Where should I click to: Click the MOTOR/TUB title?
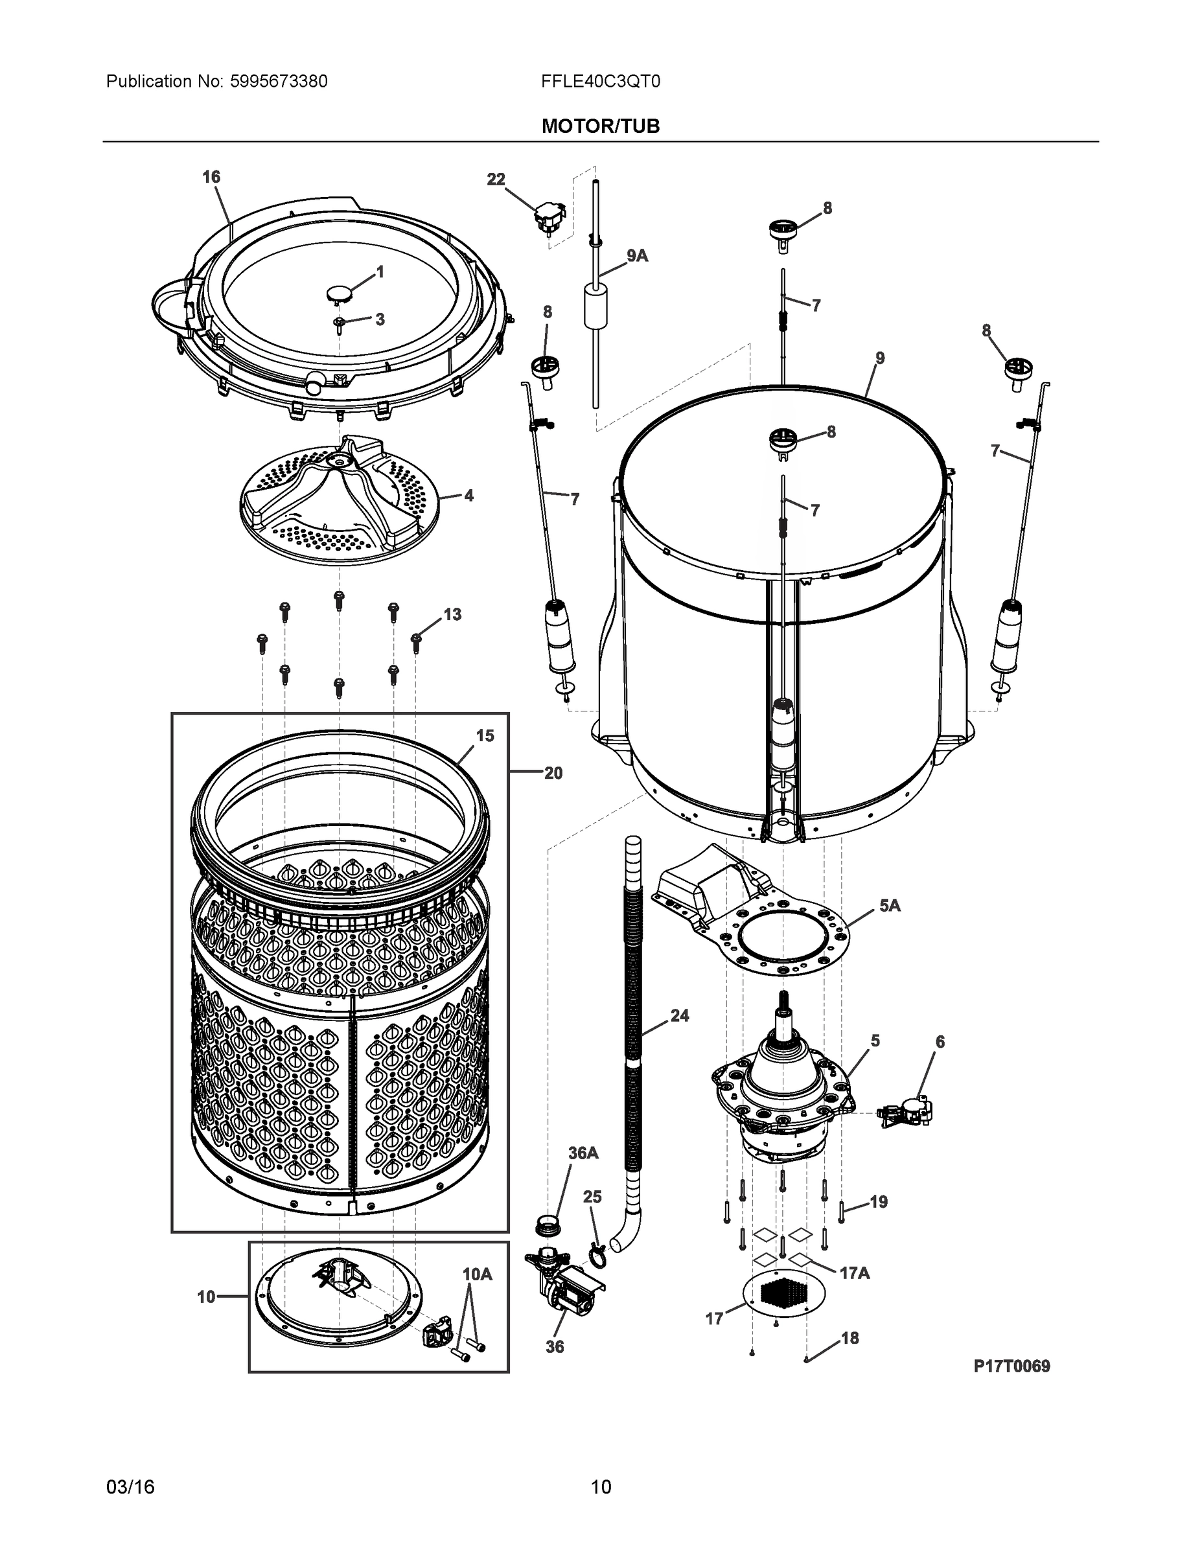pos(600,126)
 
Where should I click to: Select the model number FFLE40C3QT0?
pos(600,81)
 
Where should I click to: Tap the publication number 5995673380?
pos(279,81)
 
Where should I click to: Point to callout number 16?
pos(211,177)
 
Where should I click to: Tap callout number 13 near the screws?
pos(452,614)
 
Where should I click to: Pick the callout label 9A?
pos(638,256)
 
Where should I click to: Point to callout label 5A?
pos(890,906)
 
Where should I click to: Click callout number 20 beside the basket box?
pos(553,773)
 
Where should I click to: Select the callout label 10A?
pos(477,1274)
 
